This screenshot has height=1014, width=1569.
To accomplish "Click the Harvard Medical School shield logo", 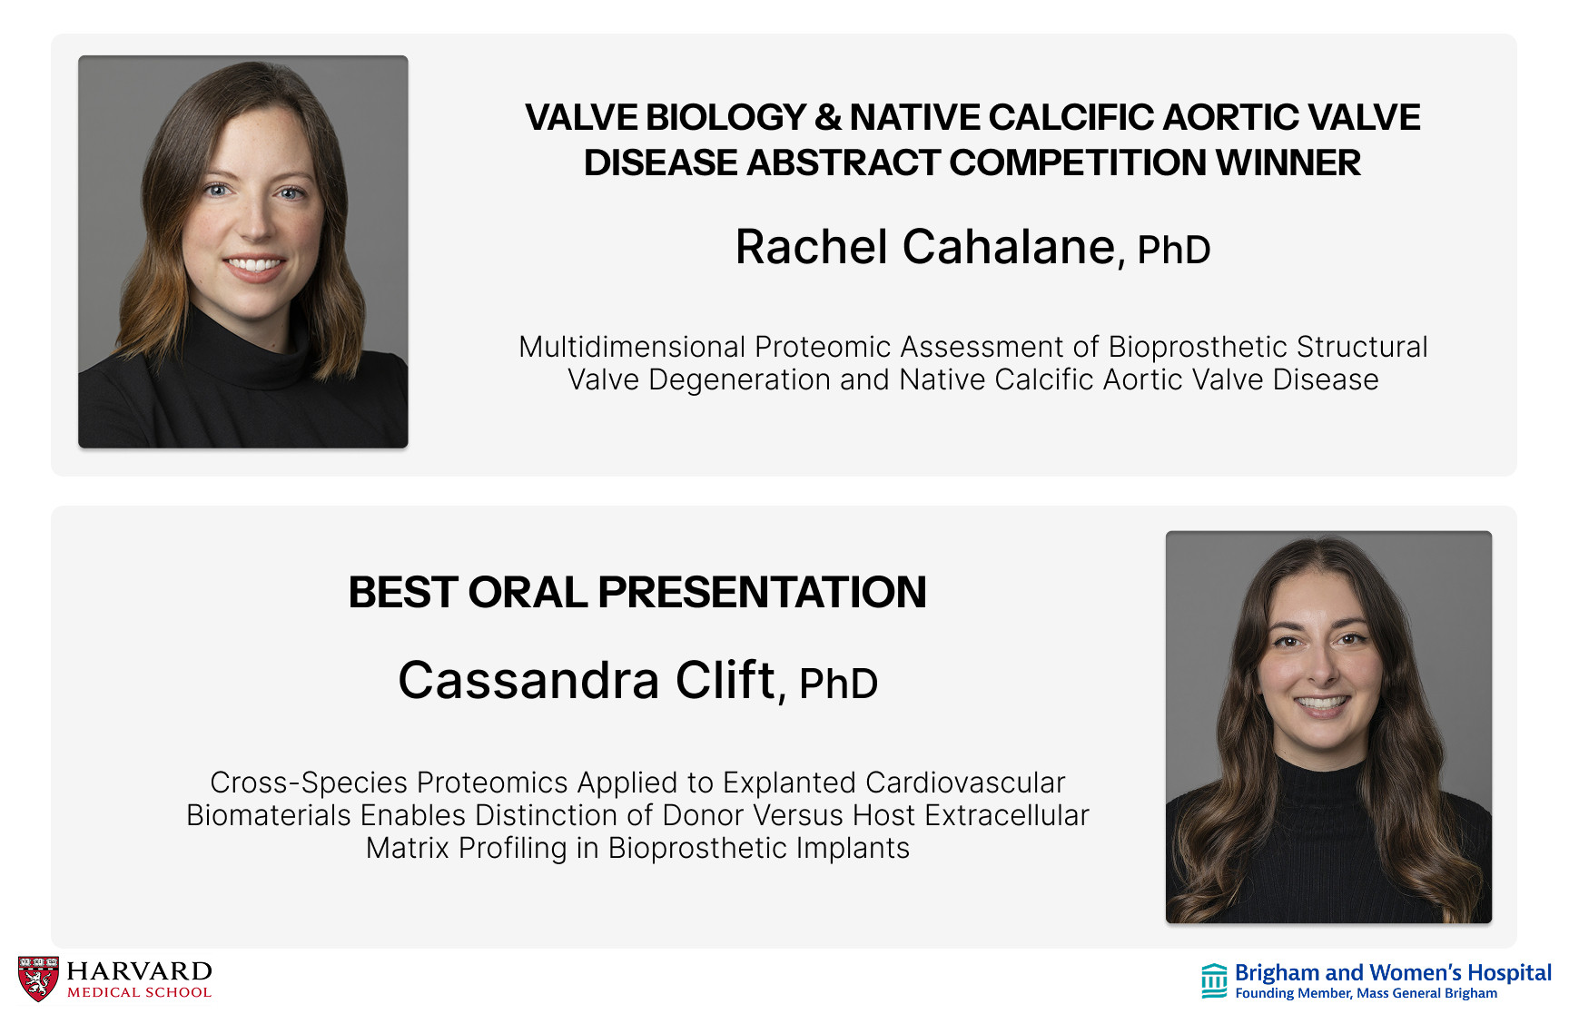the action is pos(38,979).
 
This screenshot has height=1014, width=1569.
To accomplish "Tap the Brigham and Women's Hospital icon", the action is pos(1214,980).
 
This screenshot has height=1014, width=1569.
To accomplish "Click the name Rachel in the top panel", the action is pos(812,247).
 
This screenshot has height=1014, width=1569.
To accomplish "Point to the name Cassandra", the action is pos(528,680).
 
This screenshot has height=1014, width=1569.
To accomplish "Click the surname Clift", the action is pos(725,680).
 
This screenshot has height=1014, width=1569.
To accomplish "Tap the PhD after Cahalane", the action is pos(1174,250).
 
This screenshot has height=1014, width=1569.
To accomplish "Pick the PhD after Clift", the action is pos(838,684).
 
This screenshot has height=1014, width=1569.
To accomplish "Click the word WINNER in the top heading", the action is pos(1288,163).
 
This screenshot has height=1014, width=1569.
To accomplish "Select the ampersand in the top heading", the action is pos(827,117).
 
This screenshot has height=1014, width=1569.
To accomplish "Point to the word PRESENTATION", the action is pos(762,592).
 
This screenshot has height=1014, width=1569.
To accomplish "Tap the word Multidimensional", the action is pos(632,347).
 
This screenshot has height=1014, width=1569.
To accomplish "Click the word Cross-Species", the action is pos(309,783).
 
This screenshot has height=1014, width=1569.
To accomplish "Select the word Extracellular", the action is pos(1007,815).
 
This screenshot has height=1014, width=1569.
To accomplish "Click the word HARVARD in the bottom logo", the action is pos(140,971).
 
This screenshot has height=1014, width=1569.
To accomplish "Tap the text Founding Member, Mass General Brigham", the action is pos(1367,993).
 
